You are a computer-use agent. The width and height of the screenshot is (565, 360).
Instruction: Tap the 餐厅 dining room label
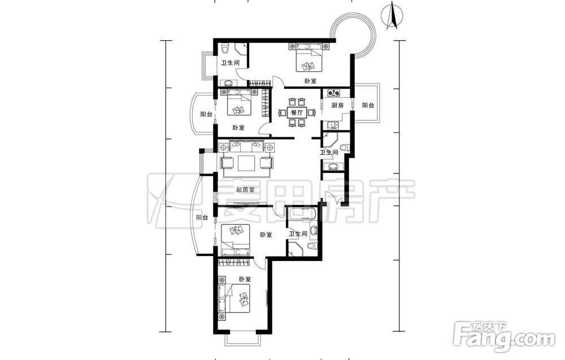297,112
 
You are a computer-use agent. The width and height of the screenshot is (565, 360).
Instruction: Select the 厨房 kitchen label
338,105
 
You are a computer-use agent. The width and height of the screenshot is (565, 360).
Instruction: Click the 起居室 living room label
245,189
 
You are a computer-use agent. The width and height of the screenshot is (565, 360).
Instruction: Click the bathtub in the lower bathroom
302,213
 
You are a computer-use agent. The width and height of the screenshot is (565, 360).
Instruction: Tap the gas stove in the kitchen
334,93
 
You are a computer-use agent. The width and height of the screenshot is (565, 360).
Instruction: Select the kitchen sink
333,126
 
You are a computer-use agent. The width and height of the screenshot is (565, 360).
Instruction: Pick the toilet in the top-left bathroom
225,47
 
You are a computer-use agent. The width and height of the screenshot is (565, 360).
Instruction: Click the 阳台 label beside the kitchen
368,105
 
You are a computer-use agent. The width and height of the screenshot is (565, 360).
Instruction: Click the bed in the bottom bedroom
234,299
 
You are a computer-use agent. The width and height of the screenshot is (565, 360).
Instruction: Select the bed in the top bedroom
308,57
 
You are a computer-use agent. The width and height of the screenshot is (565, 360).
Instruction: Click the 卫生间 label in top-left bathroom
231,63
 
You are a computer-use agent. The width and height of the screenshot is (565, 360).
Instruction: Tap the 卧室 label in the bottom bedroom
245,279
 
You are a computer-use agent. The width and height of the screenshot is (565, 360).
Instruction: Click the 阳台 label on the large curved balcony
202,217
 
